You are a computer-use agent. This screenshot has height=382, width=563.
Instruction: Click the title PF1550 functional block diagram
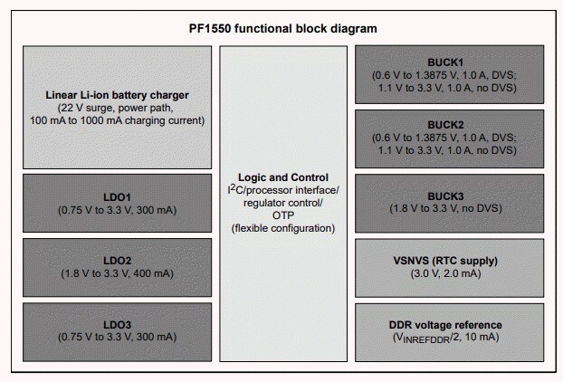pos(281,28)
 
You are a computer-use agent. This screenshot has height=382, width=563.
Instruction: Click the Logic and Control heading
pos(283,177)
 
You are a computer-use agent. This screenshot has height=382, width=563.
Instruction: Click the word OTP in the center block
pos(283,216)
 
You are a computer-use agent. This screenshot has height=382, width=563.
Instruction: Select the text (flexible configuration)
pos(283,229)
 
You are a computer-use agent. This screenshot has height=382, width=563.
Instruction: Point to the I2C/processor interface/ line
pos(283,190)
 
